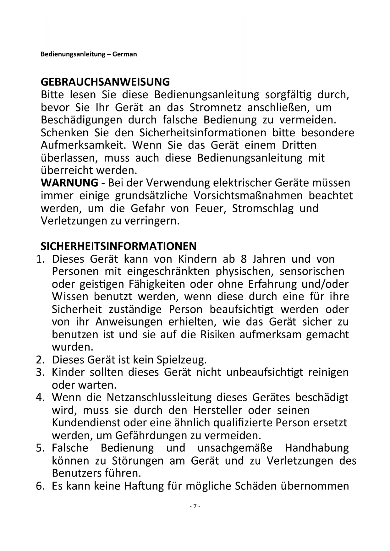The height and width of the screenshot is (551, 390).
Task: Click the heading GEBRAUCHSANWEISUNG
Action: (x=105, y=82)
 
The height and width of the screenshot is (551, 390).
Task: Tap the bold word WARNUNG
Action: (x=69, y=183)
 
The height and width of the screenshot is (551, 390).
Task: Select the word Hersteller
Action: (x=217, y=410)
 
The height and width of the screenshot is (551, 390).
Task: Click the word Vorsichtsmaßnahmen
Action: (x=248, y=196)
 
